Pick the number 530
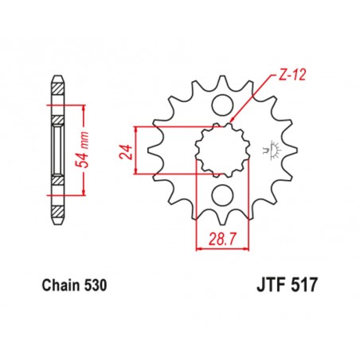coord(94,284)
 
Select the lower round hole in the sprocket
coord(222,193)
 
